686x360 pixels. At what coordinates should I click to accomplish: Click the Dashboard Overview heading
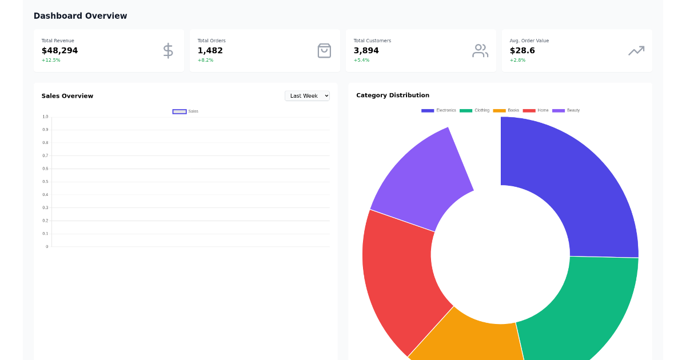point(80,16)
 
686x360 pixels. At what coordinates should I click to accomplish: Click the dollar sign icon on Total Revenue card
point(167,50)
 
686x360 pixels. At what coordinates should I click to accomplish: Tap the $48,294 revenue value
point(59,50)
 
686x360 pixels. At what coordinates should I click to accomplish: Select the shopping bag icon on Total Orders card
point(324,50)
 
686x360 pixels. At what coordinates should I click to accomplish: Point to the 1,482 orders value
point(210,50)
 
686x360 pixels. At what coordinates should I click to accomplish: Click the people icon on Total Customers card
point(480,50)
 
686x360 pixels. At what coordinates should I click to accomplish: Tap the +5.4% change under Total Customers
point(361,60)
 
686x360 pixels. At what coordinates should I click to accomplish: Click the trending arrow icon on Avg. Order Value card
point(636,50)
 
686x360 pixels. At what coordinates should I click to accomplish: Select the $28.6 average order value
point(522,50)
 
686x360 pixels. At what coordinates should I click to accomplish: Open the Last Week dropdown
point(307,95)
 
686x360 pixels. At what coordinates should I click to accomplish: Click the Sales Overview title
point(67,96)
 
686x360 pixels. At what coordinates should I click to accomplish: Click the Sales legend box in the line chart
point(180,111)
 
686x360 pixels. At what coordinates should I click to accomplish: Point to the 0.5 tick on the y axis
point(45,182)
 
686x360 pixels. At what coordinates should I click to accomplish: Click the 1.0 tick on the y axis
point(45,117)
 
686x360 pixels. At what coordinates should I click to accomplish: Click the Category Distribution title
point(392,95)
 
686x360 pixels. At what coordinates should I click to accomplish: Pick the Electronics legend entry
point(438,110)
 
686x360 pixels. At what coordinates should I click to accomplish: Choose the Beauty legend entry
point(566,110)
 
